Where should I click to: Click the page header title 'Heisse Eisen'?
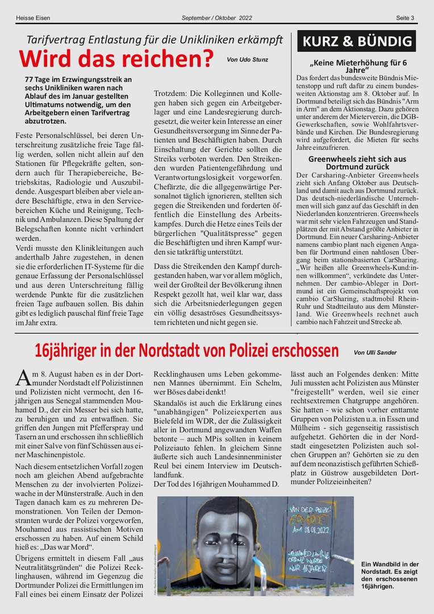coord(33,18)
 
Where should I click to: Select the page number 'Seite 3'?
coord(405,18)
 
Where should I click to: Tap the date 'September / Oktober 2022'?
coord(217,18)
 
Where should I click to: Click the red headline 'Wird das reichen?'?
coord(116,58)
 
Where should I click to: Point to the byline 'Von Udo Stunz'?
coord(247,59)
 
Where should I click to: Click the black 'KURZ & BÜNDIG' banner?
coord(357,42)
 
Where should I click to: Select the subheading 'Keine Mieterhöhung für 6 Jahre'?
coord(357,66)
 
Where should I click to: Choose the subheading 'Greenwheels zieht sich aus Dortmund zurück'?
coord(357,163)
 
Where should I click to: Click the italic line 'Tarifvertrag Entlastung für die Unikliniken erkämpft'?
coord(155,40)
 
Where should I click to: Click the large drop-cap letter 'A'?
coord(23,376)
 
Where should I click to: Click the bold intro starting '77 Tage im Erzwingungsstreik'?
coord(78,100)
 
